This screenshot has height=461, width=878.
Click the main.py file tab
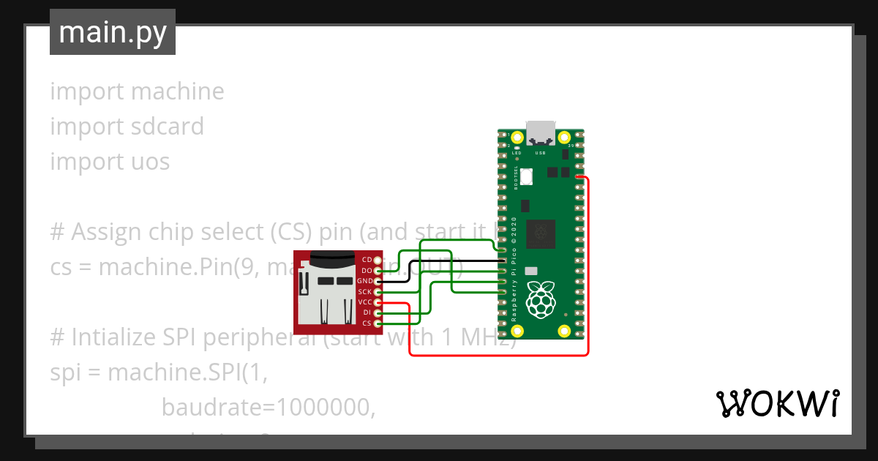point(112,32)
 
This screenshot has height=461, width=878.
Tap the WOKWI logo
point(777,403)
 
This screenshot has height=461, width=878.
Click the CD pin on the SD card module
point(378,260)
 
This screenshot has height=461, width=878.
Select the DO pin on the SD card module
point(378,271)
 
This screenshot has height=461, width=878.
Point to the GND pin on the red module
point(378,281)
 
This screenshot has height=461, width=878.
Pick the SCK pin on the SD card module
point(378,292)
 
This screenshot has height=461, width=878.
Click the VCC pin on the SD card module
point(378,302)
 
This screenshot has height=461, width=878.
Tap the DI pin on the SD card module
point(378,312)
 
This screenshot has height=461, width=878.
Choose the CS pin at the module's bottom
point(378,323)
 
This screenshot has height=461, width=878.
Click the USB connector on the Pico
point(541,132)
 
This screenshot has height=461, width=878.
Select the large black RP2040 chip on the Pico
point(541,233)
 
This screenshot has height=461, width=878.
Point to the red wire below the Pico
point(498,356)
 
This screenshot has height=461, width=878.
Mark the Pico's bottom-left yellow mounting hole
point(517,331)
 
